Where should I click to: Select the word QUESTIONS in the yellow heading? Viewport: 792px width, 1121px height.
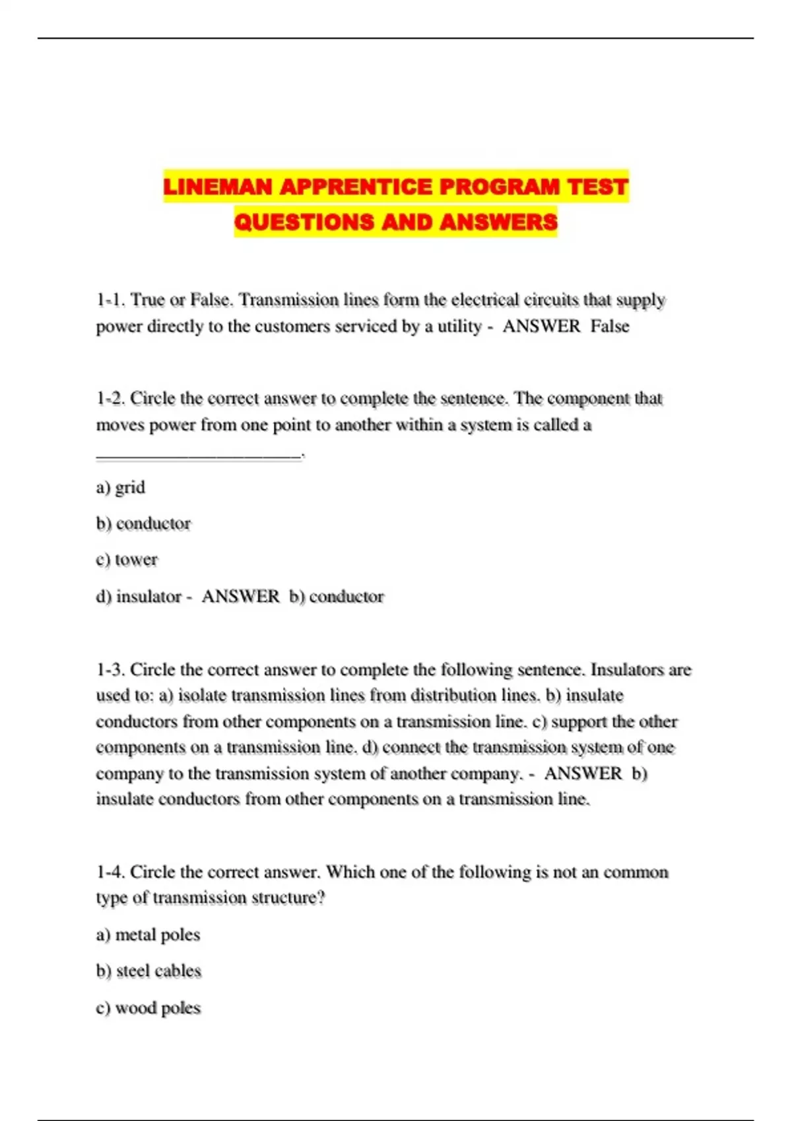point(304,222)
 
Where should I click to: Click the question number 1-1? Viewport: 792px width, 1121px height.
point(110,300)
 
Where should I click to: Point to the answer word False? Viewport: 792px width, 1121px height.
point(610,326)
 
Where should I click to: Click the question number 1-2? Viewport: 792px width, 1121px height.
point(110,398)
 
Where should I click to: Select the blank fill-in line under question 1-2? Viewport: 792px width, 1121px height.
point(198,454)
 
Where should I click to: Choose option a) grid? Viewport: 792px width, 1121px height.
point(121,487)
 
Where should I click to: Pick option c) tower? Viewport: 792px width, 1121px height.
point(127,560)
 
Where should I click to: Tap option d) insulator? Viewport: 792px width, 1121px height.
point(139,596)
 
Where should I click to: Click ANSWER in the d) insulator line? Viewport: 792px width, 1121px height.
point(240,596)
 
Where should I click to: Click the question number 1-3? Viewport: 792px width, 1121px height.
point(110,670)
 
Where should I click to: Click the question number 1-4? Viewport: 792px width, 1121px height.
point(110,872)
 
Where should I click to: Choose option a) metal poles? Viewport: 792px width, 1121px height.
point(148,935)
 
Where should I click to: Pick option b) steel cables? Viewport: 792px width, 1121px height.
point(148,971)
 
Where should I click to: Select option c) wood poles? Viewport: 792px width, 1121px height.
point(148,1008)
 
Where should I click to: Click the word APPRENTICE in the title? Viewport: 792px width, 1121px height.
point(356,187)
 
